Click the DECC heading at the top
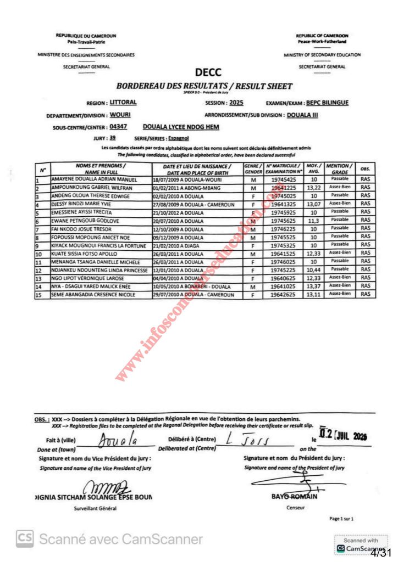click(208, 72)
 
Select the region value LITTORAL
click(123, 102)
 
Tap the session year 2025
click(236, 103)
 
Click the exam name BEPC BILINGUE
click(327, 103)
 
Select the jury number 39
click(112, 138)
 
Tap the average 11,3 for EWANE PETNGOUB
click(313, 220)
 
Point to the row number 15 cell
click(38, 295)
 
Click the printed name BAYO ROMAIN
click(295, 497)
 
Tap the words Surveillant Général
click(95, 508)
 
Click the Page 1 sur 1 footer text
click(341, 518)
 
